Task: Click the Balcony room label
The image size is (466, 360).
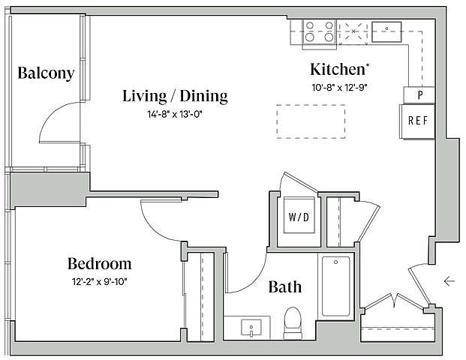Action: [x=46, y=73]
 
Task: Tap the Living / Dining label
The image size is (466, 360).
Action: [x=175, y=96]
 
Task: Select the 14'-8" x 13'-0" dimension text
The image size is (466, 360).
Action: [x=175, y=114]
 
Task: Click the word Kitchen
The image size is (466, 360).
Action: [x=338, y=69]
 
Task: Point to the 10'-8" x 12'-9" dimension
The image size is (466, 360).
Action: [x=339, y=88]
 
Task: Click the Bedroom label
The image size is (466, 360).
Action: [x=99, y=263]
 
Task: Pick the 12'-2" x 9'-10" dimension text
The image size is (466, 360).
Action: [x=99, y=281]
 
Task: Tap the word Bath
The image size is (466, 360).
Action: [x=284, y=287]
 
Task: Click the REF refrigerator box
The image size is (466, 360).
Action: [x=417, y=121]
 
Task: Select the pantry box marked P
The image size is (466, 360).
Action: [x=419, y=95]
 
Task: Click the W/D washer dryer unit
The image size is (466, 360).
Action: [x=299, y=215]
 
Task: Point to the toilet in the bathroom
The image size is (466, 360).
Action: [x=293, y=323]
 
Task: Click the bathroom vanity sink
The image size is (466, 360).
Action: [x=251, y=327]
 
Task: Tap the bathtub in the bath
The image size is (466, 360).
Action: [x=336, y=286]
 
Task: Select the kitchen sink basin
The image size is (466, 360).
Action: [x=386, y=31]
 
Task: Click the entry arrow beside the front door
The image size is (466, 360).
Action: [x=449, y=280]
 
